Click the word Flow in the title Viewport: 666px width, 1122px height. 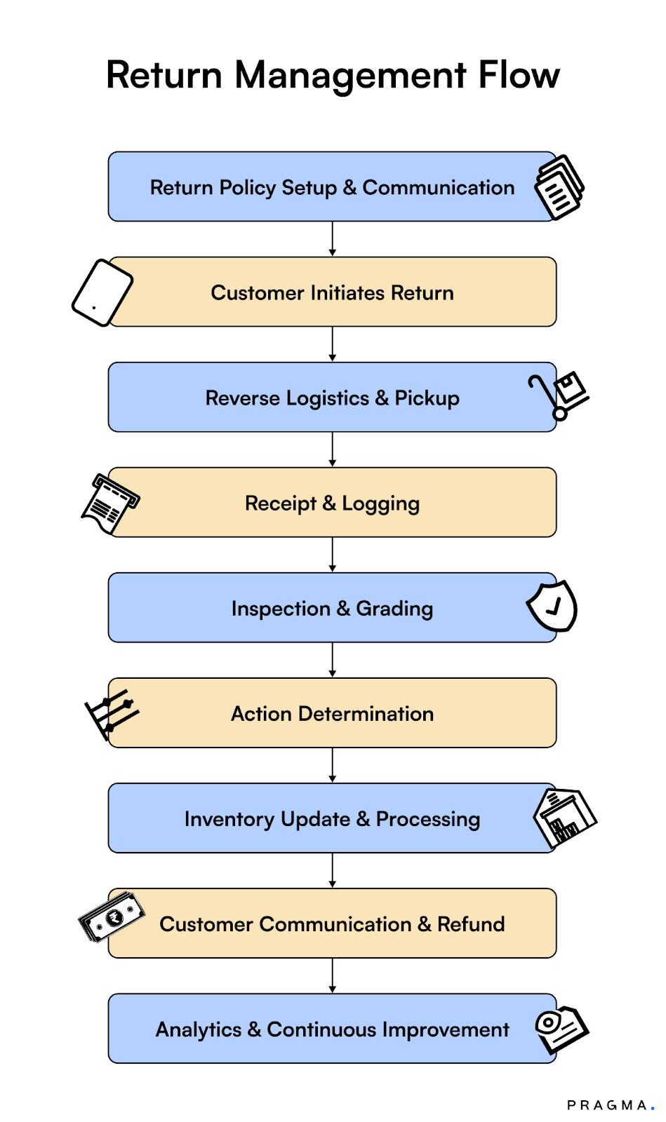519,75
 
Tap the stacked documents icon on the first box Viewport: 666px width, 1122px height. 559,187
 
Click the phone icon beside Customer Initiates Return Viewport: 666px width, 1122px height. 102,292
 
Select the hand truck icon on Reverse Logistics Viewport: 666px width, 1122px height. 559,396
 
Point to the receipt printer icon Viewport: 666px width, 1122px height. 109,503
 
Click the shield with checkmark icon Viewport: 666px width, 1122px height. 552,606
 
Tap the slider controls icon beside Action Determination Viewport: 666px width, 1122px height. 111,712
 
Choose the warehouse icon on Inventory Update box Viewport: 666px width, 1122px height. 564,818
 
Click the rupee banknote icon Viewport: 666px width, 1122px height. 112,917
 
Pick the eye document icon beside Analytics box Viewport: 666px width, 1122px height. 561,1028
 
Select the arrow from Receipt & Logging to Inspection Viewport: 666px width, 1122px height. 333,555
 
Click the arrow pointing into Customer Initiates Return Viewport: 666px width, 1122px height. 333,239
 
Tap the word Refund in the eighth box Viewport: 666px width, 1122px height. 471,924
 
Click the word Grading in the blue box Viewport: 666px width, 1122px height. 394,609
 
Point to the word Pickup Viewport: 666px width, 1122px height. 427,398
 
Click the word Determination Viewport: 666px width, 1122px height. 366,714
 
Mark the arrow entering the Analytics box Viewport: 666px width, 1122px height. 333,975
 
